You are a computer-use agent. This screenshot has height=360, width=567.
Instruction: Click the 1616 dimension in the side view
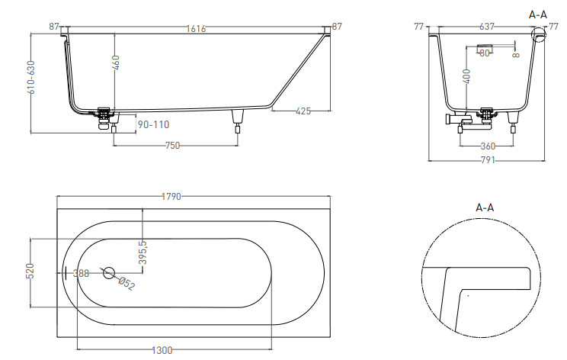point(196,28)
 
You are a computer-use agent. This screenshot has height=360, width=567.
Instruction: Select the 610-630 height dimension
point(31,78)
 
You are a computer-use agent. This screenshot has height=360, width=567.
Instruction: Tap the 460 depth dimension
point(116,63)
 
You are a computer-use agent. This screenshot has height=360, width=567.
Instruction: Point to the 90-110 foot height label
point(153,125)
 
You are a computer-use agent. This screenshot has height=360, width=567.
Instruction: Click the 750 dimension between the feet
point(172,146)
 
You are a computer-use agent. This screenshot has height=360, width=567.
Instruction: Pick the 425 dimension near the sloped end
point(303,111)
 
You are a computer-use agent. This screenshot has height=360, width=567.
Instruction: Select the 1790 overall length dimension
point(171,197)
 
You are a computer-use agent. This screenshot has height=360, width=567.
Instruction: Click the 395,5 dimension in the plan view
point(143,252)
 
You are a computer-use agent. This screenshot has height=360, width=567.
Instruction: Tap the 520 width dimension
point(30,271)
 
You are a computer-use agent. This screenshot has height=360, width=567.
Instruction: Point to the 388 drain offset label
point(81,273)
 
